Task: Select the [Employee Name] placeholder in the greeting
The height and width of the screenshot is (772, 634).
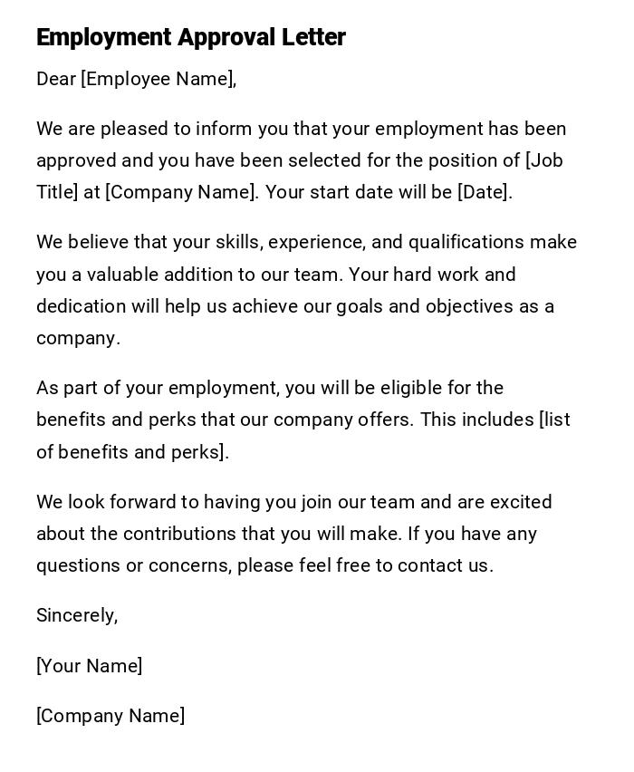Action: click(158, 80)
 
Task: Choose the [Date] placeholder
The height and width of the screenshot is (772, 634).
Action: click(485, 192)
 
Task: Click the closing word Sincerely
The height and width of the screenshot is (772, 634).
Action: click(76, 616)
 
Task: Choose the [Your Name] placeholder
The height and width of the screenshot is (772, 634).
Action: click(89, 666)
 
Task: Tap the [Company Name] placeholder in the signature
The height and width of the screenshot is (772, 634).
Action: click(110, 716)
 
